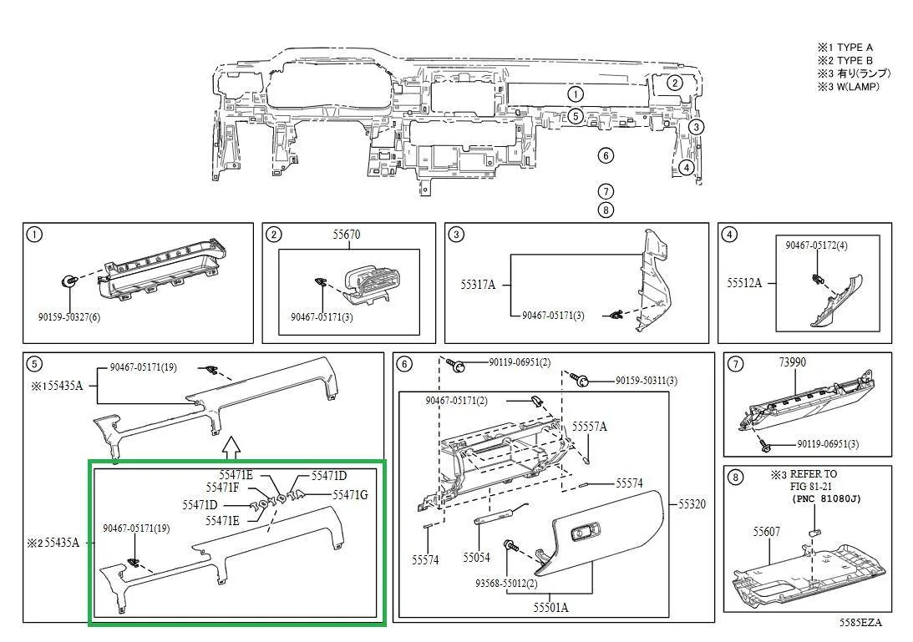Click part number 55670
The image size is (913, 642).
(346, 235)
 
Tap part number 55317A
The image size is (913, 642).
(478, 285)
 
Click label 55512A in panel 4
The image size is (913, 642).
(744, 283)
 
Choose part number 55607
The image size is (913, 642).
(766, 531)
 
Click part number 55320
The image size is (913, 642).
(692, 504)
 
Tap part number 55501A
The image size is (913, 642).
(550, 607)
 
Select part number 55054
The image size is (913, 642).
(477, 557)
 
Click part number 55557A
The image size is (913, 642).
(590, 427)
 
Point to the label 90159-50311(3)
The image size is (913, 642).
(647, 381)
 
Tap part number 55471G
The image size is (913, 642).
(350, 495)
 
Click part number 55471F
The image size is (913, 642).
(222, 488)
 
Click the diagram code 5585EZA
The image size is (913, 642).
(860, 623)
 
